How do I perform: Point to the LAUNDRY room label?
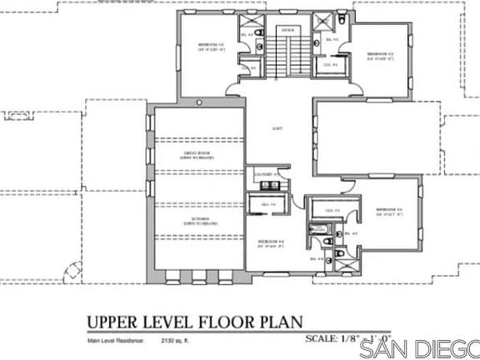coord(267,173)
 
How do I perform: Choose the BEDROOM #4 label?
coord(272,243)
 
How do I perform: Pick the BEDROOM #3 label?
coord(380,56)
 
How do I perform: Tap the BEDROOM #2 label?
coord(388,210)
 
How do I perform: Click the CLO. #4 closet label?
coord(268,204)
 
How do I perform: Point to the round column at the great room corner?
coord(199,103)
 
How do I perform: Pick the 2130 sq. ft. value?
coord(167,342)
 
